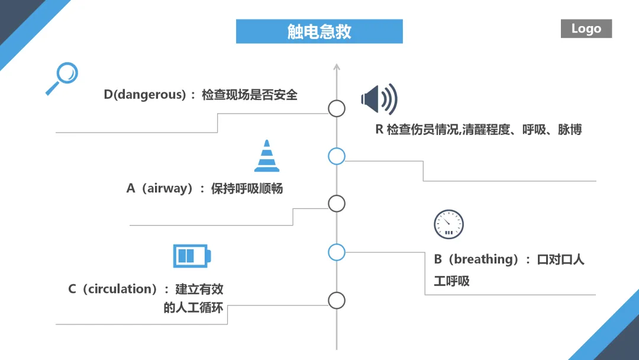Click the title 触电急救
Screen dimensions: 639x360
319,31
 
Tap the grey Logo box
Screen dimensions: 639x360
586,28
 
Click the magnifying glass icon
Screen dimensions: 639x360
62,78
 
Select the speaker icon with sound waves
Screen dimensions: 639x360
379,99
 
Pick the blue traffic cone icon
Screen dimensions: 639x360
267,156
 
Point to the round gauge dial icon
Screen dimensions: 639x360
448,224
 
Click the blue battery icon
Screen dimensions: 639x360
192,256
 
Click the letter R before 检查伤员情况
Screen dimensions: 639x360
379,129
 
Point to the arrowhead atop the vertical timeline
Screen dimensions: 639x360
337,66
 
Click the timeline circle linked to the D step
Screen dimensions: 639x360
337,108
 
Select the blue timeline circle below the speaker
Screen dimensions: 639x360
337,156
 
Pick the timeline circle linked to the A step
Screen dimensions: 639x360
337,204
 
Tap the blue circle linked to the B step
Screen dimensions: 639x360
337,252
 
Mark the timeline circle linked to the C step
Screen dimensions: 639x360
337,301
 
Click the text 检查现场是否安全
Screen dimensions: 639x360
250,95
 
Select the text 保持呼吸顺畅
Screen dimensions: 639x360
247,188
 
